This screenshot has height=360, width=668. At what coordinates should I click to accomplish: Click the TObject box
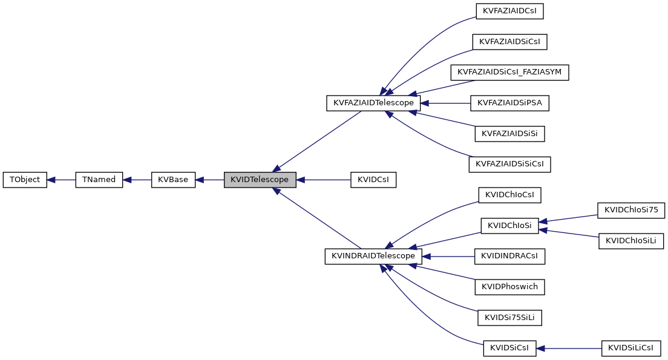[x=25, y=180]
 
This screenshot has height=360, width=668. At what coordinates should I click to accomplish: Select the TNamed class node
[x=99, y=180]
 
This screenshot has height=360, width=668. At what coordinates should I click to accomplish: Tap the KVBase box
[x=173, y=180]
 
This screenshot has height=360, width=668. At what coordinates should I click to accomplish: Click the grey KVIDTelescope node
[x=260, y=180]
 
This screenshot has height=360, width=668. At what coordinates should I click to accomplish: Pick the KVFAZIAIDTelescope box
[x=373, y=103]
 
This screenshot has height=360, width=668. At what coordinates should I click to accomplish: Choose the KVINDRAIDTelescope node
[x=373, y=256]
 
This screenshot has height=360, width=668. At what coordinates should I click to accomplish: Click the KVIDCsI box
[x=373, y=180]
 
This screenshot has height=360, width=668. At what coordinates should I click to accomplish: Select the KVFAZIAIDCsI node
[x=509, y=11]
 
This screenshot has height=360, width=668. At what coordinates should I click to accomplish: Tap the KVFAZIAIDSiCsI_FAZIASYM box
[x=509, y=72]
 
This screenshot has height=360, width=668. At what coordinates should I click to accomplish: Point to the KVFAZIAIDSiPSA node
[x=509, y=103]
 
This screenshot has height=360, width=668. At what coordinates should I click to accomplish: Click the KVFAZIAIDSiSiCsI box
[x=509, y=164]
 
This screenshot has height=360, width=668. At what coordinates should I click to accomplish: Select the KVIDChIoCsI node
[x=509, y=195]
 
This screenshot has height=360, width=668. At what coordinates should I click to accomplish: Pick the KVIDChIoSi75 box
[x=631, y=210]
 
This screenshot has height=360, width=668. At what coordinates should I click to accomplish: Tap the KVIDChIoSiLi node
[x=631, y=241]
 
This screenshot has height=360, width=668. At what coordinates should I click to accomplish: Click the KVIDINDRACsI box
[x=509, y=256]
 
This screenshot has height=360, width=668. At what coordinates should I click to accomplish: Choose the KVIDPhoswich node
[x=509, y=287]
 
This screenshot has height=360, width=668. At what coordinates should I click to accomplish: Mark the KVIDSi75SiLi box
[x=509, y=317]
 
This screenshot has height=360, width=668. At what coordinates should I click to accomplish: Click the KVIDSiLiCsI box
[x=631, y=348]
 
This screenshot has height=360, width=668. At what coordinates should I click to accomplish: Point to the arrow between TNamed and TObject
[x=61, y=180]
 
